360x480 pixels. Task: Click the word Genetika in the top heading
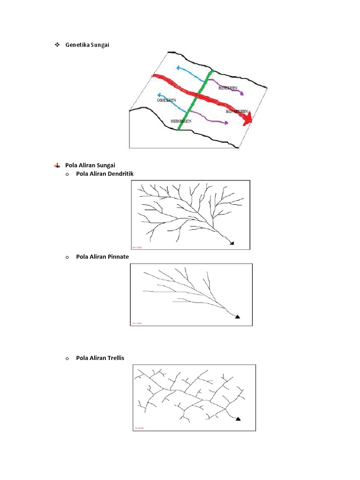click(x=78, y=45)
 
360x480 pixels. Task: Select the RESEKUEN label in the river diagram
click(x=228, y=88)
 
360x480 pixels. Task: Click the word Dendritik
click(x=120, y=174)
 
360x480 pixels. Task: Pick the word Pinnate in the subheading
click(x=119, y=257)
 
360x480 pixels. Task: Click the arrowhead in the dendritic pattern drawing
click(x=231, y=242)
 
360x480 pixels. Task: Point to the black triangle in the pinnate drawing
click(x=237, y=317)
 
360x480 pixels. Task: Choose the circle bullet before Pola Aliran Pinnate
click(x=67, y=257)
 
